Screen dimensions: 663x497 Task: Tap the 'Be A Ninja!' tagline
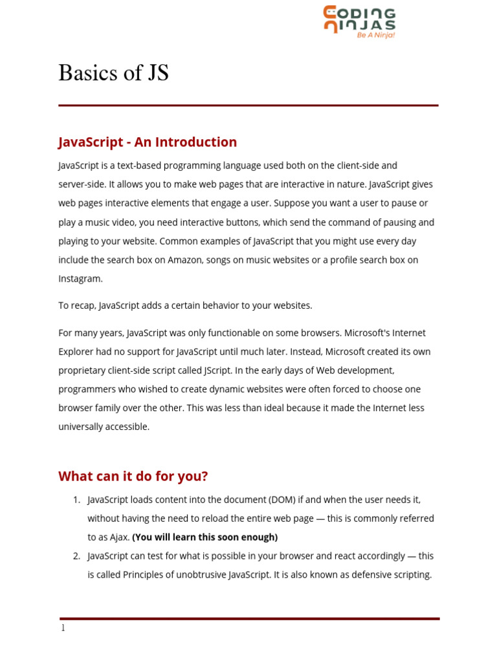[375, 35]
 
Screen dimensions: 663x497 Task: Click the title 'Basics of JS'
[113, 73]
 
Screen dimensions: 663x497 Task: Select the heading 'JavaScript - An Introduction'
[148, 142]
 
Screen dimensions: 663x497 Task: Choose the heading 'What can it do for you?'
[133, 476]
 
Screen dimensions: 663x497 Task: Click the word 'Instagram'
[80, 278]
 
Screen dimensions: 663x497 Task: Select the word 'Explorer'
[76, 352]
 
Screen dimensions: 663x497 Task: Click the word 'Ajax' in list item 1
[120, 537]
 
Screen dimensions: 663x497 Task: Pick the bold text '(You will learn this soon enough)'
[204, 537]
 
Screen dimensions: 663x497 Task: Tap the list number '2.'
[76, 556]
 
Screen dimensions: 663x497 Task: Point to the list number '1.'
[76, 499]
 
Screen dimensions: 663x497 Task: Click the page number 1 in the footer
[63, 628]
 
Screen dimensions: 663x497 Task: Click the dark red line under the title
[248, 105]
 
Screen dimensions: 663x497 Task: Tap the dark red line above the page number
[249, 619]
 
